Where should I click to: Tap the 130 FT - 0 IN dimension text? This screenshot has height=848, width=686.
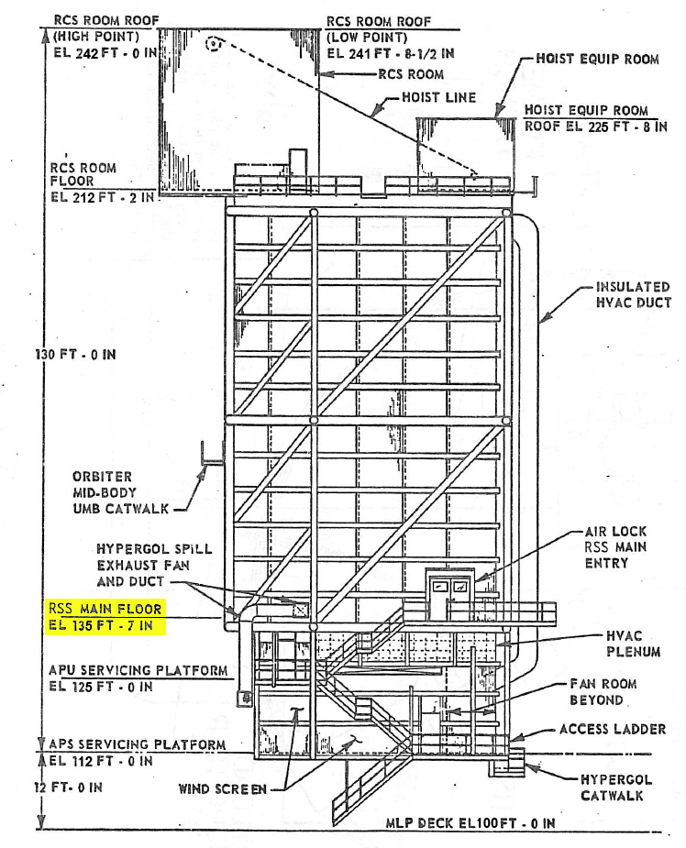point(76,355)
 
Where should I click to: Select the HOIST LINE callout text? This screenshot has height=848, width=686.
point(438,97)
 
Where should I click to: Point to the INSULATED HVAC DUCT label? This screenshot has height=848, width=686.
point(633,295)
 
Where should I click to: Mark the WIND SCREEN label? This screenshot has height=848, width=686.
point(222,789)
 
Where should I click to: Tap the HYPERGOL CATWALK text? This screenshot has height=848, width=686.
point(615,787)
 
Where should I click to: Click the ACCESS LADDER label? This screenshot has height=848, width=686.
point(613,729)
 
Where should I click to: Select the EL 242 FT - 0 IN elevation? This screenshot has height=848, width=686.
point(105,53)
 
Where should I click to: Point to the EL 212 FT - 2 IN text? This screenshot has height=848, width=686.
point(102,197)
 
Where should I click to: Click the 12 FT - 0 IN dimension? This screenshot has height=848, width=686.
point(68,787)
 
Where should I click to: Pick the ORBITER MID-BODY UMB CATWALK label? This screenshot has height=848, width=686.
point(121,492)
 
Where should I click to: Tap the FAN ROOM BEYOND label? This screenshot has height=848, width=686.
point(603,692)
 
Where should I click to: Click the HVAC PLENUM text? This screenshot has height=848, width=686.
point(633,644)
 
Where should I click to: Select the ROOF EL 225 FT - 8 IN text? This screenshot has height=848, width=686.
point(595,127)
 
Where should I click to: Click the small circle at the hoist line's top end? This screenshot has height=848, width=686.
point(215,43)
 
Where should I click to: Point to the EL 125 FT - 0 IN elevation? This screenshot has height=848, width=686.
point(101,687)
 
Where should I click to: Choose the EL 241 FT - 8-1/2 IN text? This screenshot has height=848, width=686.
point(391,53)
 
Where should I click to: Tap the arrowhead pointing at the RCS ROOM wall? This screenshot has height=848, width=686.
point(326,74)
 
